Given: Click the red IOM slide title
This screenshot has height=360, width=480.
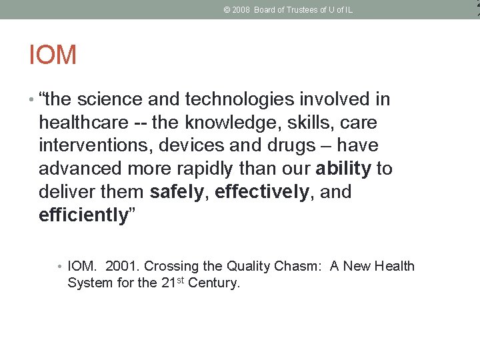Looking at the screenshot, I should [x=53, y=55].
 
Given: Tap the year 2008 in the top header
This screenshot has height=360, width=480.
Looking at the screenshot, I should [x=241, y=10].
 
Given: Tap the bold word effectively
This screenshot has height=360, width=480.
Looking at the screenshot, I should [x=262, y=193].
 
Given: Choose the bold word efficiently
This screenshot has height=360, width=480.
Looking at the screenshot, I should [x=83, y=215].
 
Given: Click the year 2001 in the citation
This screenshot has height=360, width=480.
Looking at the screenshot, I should [x=121, y=267].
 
